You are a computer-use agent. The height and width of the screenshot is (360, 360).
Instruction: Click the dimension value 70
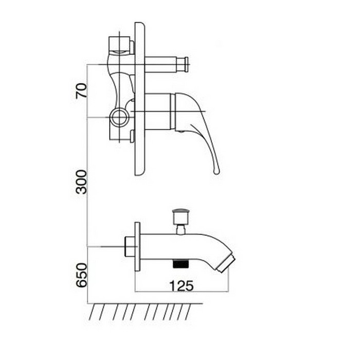pos(82,91)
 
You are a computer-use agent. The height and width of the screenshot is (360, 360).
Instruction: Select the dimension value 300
pos(82,182)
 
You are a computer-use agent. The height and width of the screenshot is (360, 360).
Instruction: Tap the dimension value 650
pos(82,275)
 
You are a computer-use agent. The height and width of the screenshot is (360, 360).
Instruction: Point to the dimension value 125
pos(182,286)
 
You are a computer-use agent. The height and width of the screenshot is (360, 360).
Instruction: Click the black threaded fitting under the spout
pos(181,263)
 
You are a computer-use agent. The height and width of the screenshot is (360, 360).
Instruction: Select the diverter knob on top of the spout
pos(181,216)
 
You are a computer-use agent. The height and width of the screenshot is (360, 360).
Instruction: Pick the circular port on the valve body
pos(119,117)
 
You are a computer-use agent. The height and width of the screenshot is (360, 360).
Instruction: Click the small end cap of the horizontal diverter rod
pos(186,64)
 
